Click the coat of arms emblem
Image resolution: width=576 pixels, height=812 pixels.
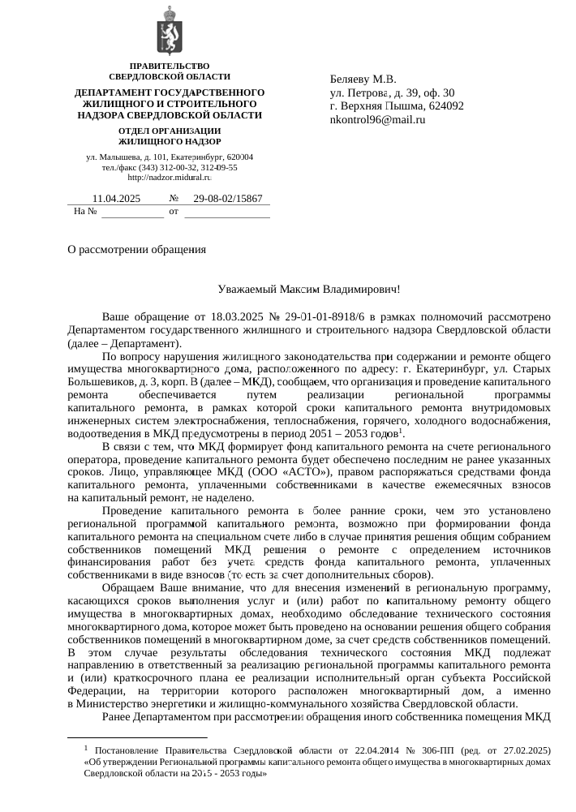pos(170,31)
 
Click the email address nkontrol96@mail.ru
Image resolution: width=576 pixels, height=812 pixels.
pos(377,120)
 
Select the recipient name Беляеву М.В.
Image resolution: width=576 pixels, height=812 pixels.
pos(363,79)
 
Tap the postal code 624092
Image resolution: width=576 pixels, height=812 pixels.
pos(445,106)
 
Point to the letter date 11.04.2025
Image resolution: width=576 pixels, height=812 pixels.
pos(117,199)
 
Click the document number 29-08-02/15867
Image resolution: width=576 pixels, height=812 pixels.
pos(228,199)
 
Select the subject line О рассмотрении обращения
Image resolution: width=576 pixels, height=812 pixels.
pos(136,249)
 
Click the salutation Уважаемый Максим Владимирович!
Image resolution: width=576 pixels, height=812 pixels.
pos(309,290)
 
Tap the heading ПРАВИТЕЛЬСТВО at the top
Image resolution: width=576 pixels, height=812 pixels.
pos(170,66)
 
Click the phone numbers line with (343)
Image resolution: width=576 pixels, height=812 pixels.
pos(170,167)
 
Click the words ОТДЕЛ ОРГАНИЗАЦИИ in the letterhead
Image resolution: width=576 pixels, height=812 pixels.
pos(170,131)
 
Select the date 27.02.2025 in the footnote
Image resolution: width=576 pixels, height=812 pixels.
pos(526,750)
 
